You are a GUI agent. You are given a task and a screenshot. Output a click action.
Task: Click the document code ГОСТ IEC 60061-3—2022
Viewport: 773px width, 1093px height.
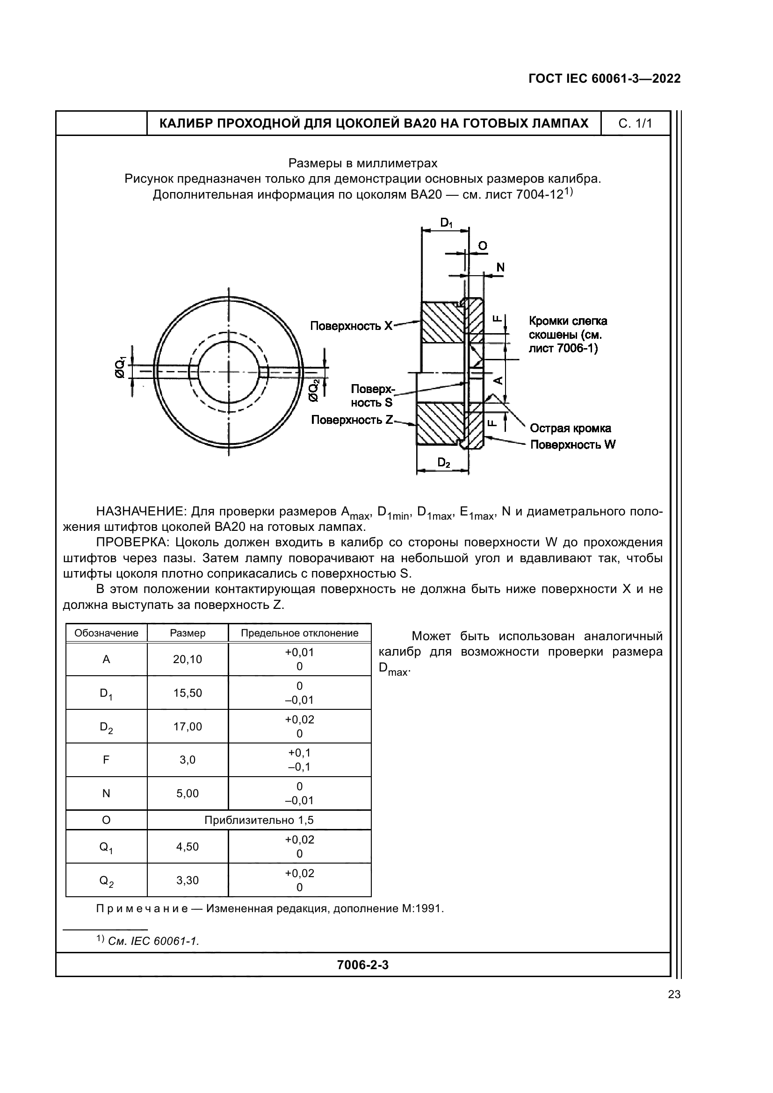coord(604,79)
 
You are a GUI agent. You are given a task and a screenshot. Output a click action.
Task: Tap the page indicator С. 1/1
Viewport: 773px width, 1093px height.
coord(635,124)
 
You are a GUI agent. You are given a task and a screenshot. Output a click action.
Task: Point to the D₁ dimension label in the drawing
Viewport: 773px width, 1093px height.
coord(446,222)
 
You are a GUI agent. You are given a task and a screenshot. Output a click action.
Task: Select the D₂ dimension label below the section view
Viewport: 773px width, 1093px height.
coord(444,462)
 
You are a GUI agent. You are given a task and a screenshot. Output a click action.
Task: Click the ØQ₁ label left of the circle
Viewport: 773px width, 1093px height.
coord(120,367)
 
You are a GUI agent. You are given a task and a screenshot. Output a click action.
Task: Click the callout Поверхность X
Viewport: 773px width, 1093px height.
coord(352,326)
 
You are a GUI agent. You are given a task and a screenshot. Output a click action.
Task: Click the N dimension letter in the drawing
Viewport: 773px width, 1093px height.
coord(500,268)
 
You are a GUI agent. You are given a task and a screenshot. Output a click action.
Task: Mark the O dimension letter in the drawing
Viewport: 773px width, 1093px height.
coord(483,246)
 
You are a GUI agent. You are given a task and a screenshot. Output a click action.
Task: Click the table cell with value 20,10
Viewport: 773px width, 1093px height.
coord(188,659)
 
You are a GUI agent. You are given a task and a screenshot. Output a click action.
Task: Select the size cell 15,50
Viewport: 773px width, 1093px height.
coord(188,693)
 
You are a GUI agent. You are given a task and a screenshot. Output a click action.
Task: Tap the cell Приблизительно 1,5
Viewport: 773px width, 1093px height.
coord(259,820)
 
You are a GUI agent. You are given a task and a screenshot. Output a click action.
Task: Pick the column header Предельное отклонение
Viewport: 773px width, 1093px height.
coord(299,633)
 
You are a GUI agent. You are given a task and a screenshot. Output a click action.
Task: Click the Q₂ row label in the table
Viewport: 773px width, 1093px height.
coord(106,880)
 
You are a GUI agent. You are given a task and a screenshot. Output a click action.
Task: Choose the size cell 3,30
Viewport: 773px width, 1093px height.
coord(188,880)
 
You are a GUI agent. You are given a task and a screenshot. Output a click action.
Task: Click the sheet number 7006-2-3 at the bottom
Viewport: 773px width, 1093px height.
coord(362,965)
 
